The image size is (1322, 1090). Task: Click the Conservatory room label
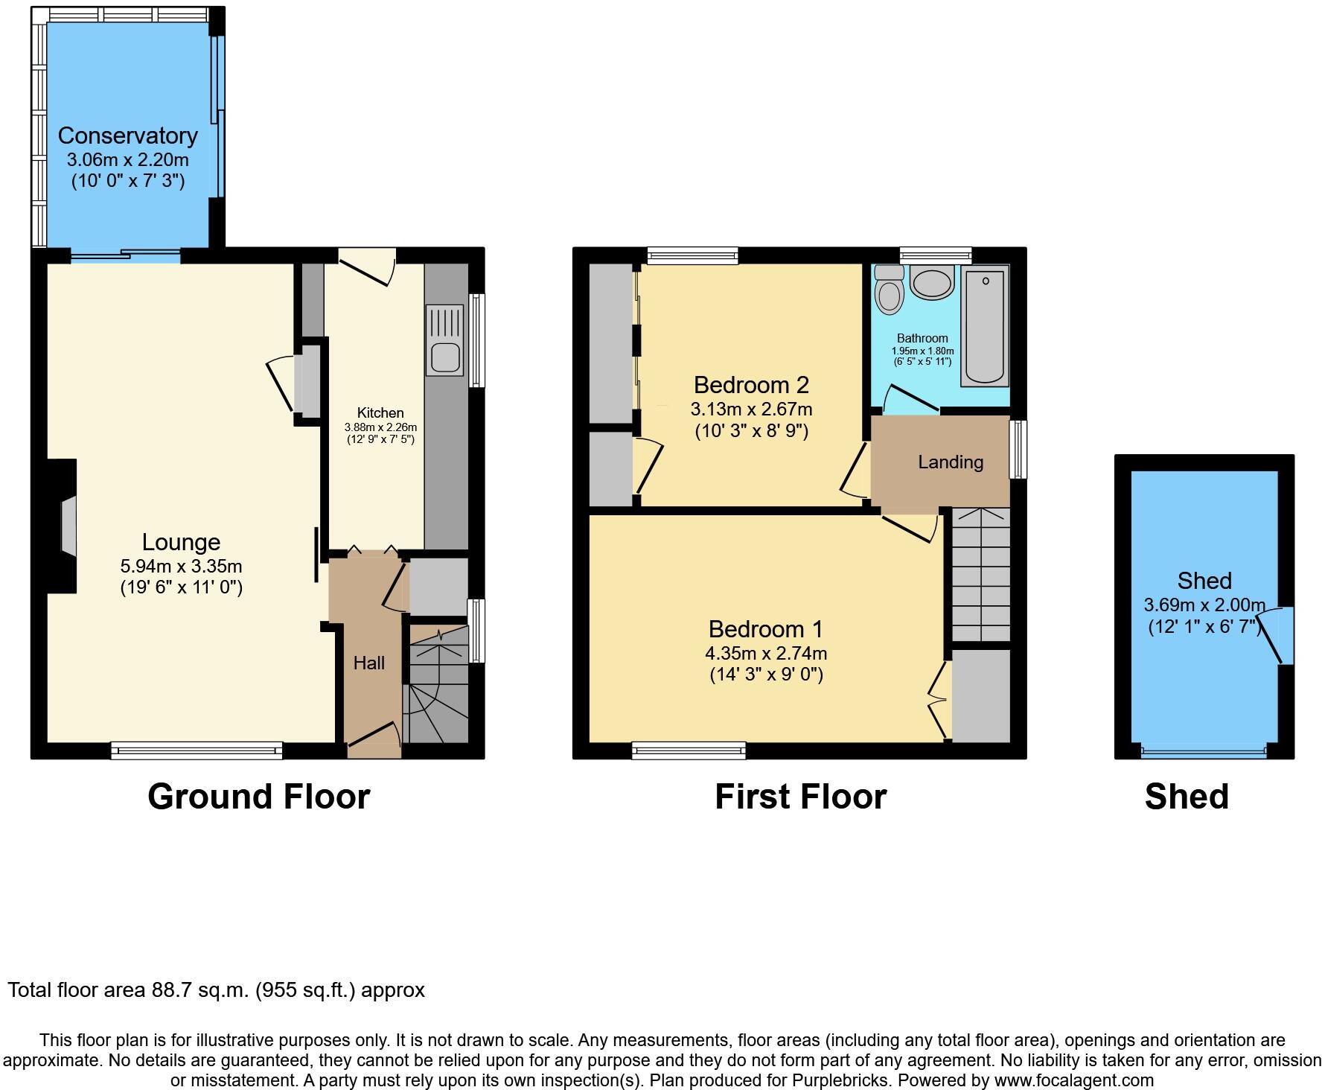127,136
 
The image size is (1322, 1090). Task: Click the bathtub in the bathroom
985,328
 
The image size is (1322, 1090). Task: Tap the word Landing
951,462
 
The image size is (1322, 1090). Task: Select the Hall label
368,663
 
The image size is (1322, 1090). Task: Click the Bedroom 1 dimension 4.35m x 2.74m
766,653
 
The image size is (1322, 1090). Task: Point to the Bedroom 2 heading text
751,385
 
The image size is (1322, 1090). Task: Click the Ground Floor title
258,797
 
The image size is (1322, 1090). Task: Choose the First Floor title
800,797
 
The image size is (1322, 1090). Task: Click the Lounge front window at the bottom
197,750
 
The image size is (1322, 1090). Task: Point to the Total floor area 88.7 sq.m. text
216,990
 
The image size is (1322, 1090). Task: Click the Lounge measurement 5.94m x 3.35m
181,567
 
